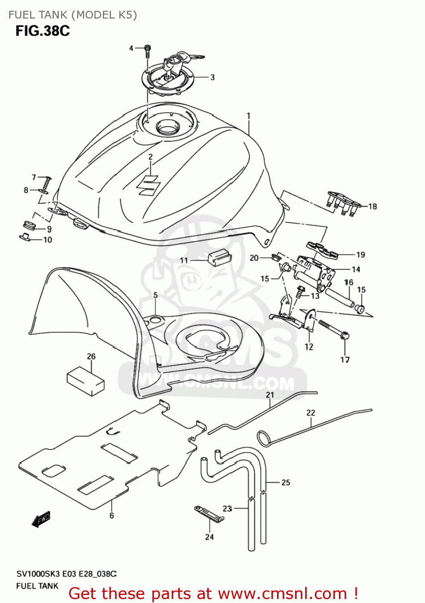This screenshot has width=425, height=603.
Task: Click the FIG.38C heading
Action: (x=43, y=31)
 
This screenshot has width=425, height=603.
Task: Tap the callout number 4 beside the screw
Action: (x=131, y=48)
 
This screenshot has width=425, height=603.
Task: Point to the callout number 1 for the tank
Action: (x=248, y=116)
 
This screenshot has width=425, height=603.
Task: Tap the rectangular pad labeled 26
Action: (x=86, y=380)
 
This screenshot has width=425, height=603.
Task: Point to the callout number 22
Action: (x=311, y=412)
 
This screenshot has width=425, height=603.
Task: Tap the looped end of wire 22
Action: (x=264, y=438)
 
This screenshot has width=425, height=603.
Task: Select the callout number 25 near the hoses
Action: (x=285, y=482)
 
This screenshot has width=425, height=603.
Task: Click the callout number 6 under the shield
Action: (x=111, y=515)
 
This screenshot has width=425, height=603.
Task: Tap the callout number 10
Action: (x=47, y=240)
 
